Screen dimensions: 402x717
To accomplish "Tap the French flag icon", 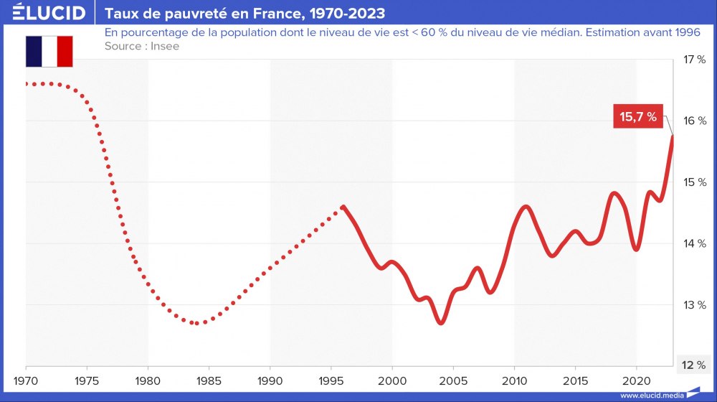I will [49, 52].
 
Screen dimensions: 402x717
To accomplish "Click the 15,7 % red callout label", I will [638, 116].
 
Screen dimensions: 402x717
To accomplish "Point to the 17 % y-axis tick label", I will [694, 60].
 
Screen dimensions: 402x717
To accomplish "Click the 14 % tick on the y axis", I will [694, 244].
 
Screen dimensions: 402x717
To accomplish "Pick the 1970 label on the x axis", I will [26, 379].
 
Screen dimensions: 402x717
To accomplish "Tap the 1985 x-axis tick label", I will [209, 379].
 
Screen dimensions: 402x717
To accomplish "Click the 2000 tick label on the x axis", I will [392, 379].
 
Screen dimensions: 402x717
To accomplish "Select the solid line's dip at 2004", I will [441, 323].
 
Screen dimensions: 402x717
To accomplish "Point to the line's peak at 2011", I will [526, 207].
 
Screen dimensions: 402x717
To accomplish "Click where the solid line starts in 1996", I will [343, 207].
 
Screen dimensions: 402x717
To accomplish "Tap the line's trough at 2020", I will [636, 249].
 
